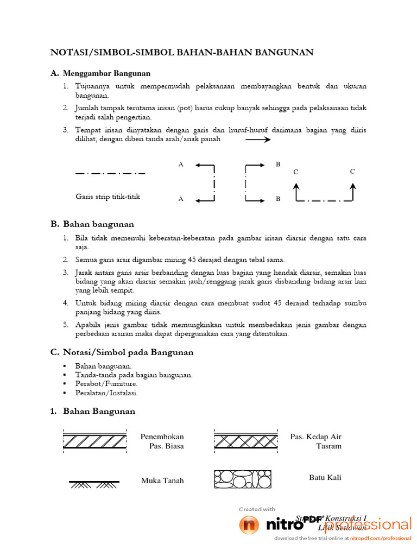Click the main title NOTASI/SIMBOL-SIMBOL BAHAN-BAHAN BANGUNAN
[x=182, y=52]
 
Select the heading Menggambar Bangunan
[x=106, y=73]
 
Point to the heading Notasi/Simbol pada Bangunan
[x=128, y=352]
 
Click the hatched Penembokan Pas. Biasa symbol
[x=95, y=441]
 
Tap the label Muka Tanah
[x=162, y=481]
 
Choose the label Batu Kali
[x=325, y=477]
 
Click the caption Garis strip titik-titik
[x=108, y=197]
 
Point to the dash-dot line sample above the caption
[x=110, y=174]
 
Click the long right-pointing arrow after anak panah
[x=258, y=140]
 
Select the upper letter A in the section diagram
[x=181, y=164]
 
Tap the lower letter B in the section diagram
[x=277, y=199]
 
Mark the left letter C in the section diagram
[x=295, y=172]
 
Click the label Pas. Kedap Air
[x=316, y=437]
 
